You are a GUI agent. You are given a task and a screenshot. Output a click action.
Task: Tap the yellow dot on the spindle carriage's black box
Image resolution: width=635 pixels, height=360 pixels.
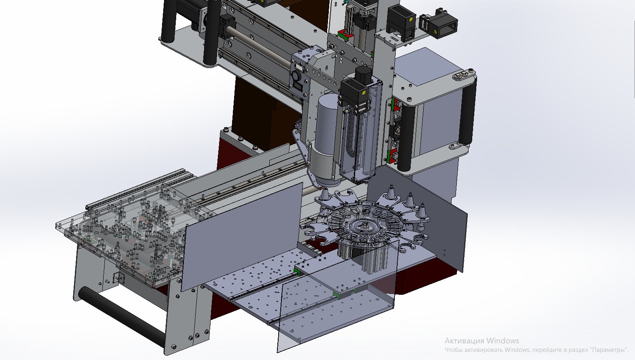point(364,92)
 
